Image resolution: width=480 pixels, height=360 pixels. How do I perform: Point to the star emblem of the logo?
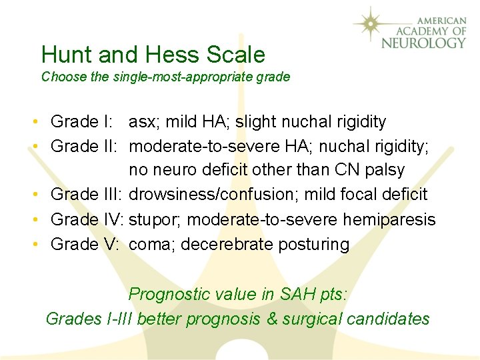(373, 25)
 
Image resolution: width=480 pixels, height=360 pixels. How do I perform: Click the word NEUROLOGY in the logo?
(423, 43)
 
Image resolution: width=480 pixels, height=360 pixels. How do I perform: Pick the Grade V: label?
(85, 244)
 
